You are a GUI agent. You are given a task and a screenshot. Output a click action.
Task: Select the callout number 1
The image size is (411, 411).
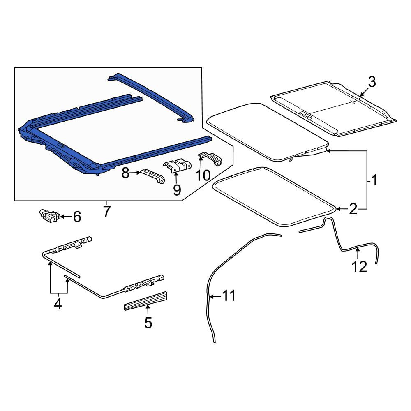coord(374,180)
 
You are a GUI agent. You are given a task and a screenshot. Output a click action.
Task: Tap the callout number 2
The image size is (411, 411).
coord(353,209)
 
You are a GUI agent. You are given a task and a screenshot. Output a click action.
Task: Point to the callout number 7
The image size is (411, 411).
coord(106,211)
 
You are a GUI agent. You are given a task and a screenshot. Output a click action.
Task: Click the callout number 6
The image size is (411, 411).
coord(77,217)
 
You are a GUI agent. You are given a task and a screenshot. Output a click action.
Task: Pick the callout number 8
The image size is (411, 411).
coord(125,173)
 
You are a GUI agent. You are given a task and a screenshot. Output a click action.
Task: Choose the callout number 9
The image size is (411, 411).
coord(177,189)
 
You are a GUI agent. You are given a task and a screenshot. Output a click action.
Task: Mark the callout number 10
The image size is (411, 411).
coord(203,175)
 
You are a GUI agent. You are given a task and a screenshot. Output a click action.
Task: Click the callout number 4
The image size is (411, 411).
coord(58,304)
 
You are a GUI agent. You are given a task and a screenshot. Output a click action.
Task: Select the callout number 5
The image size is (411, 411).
coord(148,323)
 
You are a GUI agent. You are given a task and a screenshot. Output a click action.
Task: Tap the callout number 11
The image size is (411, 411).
coord(229,296)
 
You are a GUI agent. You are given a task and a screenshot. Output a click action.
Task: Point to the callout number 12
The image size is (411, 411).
coord(359,267)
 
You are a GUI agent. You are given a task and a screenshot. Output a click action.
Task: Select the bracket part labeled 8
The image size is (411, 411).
coord(152,176)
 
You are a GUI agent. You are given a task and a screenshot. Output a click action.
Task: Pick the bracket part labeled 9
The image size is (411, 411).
coord(177,165)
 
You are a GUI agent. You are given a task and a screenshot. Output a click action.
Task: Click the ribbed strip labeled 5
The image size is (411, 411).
coord(145,301)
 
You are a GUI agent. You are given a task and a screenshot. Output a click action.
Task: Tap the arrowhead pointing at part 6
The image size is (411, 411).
coord(62,217)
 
